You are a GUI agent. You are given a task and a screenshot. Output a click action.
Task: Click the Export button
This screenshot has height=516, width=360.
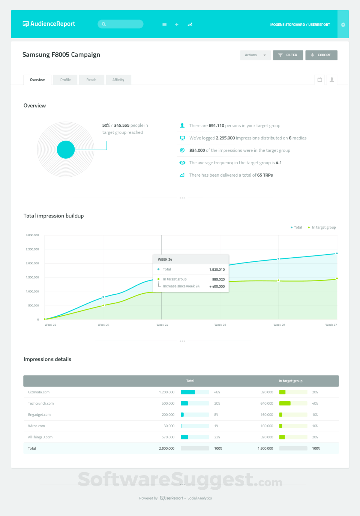321,55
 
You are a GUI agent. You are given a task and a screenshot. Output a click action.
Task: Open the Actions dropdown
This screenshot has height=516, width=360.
255,55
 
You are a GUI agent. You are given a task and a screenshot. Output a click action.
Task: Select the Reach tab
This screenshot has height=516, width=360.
91,80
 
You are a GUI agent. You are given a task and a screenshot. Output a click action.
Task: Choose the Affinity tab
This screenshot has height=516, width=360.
118,80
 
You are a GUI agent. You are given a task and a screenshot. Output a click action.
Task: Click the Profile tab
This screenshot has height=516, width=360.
65,80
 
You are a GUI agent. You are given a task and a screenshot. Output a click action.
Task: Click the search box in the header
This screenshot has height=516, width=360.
120,24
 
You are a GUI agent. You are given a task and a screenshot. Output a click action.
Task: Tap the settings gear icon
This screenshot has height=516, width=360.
343,25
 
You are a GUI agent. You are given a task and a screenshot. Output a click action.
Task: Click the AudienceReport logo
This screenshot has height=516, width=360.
49,24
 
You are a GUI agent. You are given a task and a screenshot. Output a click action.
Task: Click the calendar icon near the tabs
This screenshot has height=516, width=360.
320,80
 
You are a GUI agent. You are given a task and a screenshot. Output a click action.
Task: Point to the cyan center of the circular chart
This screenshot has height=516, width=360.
66,150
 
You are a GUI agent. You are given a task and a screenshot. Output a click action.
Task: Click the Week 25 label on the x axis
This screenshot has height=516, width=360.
220,325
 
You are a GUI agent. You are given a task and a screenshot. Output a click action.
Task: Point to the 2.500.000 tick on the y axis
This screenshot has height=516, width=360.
32,249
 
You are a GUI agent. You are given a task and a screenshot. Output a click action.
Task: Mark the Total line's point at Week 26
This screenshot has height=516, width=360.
278,259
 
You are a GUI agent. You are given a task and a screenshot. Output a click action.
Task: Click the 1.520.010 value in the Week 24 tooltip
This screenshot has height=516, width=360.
217,270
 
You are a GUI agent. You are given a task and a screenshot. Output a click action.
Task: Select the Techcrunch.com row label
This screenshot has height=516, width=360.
41,403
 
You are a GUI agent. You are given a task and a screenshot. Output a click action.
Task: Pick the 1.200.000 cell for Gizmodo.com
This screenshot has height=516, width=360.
166,392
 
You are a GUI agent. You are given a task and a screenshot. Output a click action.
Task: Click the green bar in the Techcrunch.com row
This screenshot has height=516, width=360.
285,403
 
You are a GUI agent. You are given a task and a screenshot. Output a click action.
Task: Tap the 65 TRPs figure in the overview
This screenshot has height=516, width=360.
265,175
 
